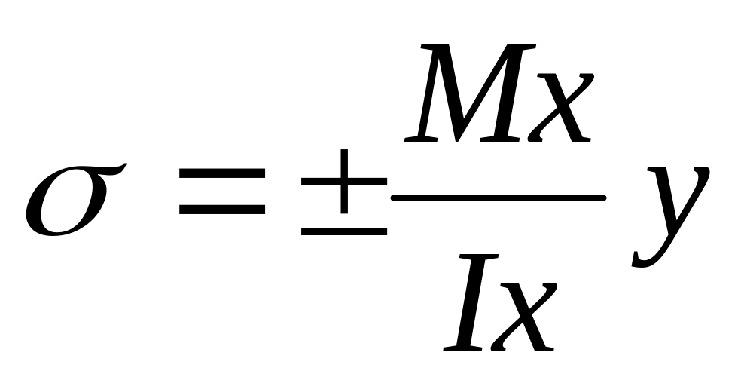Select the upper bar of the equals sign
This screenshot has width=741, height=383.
coord(223,173)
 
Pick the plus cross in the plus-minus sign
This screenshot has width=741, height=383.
coord(344,182)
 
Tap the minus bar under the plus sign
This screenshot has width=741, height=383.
coord(344,229)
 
